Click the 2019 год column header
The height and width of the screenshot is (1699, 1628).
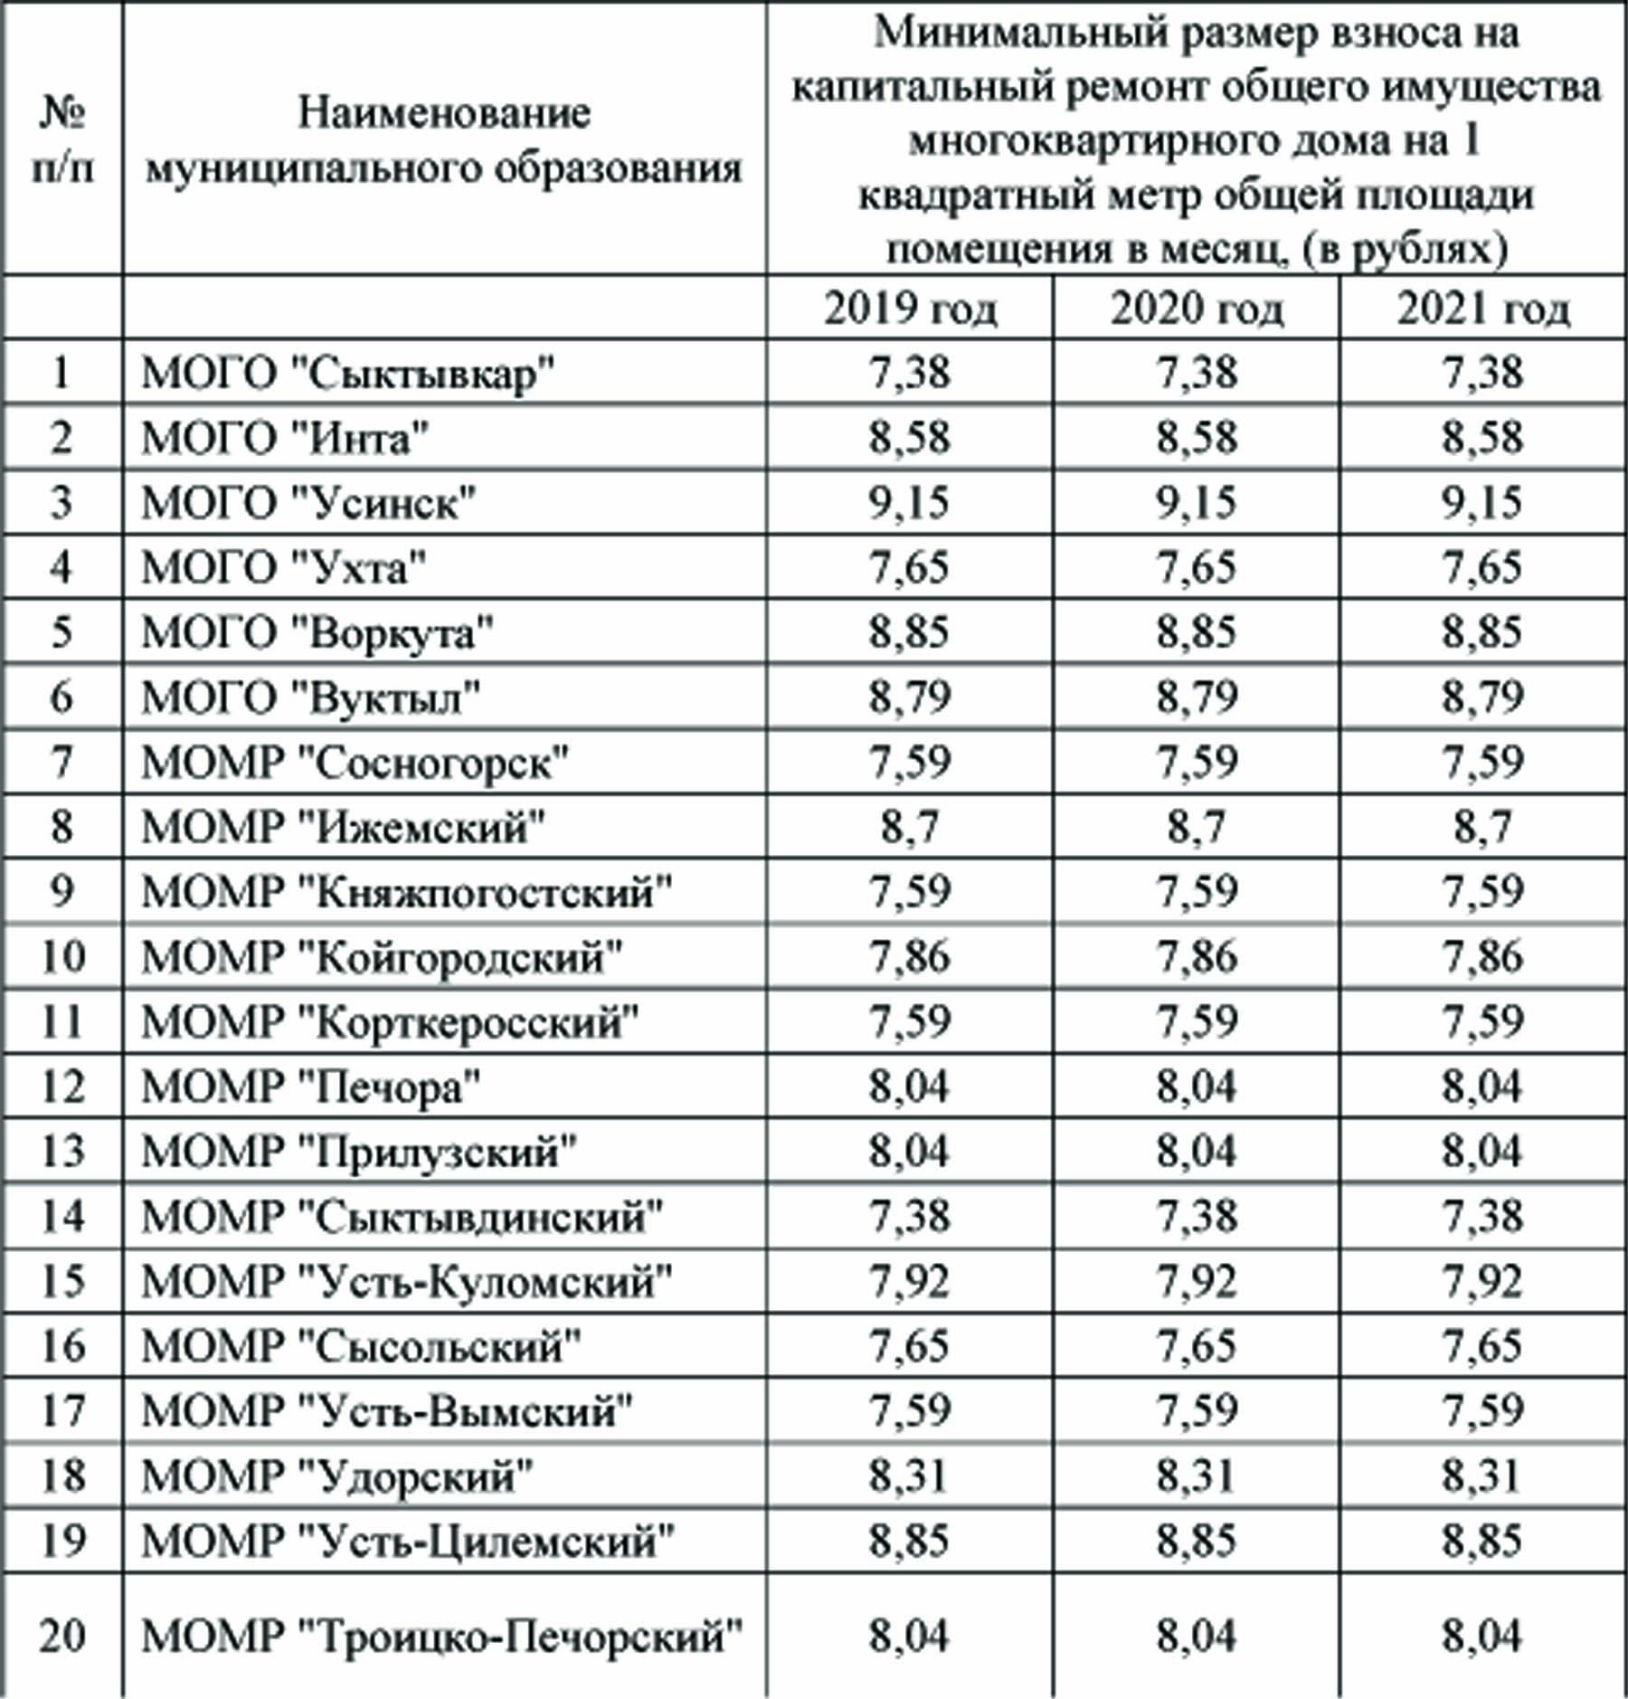910,309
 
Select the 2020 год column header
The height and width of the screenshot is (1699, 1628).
1197,309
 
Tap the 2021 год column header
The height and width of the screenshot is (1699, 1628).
1483,309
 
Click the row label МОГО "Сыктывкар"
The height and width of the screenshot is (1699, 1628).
348,373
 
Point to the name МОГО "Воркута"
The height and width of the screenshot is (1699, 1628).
317,632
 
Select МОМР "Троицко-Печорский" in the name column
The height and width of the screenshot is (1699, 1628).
442,1636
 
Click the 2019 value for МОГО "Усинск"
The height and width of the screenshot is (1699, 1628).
910,502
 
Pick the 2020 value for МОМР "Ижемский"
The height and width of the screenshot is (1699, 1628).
1197,827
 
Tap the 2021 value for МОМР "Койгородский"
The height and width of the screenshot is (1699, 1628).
1483,956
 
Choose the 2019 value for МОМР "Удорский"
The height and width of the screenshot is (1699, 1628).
910,1476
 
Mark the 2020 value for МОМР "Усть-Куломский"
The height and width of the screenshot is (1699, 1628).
1197,1281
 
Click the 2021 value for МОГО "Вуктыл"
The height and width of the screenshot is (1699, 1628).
1483,697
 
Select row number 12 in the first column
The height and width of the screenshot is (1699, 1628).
62,1086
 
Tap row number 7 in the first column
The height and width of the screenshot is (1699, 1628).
62,762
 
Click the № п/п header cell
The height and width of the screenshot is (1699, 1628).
62,140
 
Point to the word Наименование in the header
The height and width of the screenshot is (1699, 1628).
444,114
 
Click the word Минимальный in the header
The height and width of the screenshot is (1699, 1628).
995,33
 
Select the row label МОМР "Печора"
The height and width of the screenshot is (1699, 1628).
310,1086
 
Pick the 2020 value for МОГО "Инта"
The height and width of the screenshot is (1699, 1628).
1197,438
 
